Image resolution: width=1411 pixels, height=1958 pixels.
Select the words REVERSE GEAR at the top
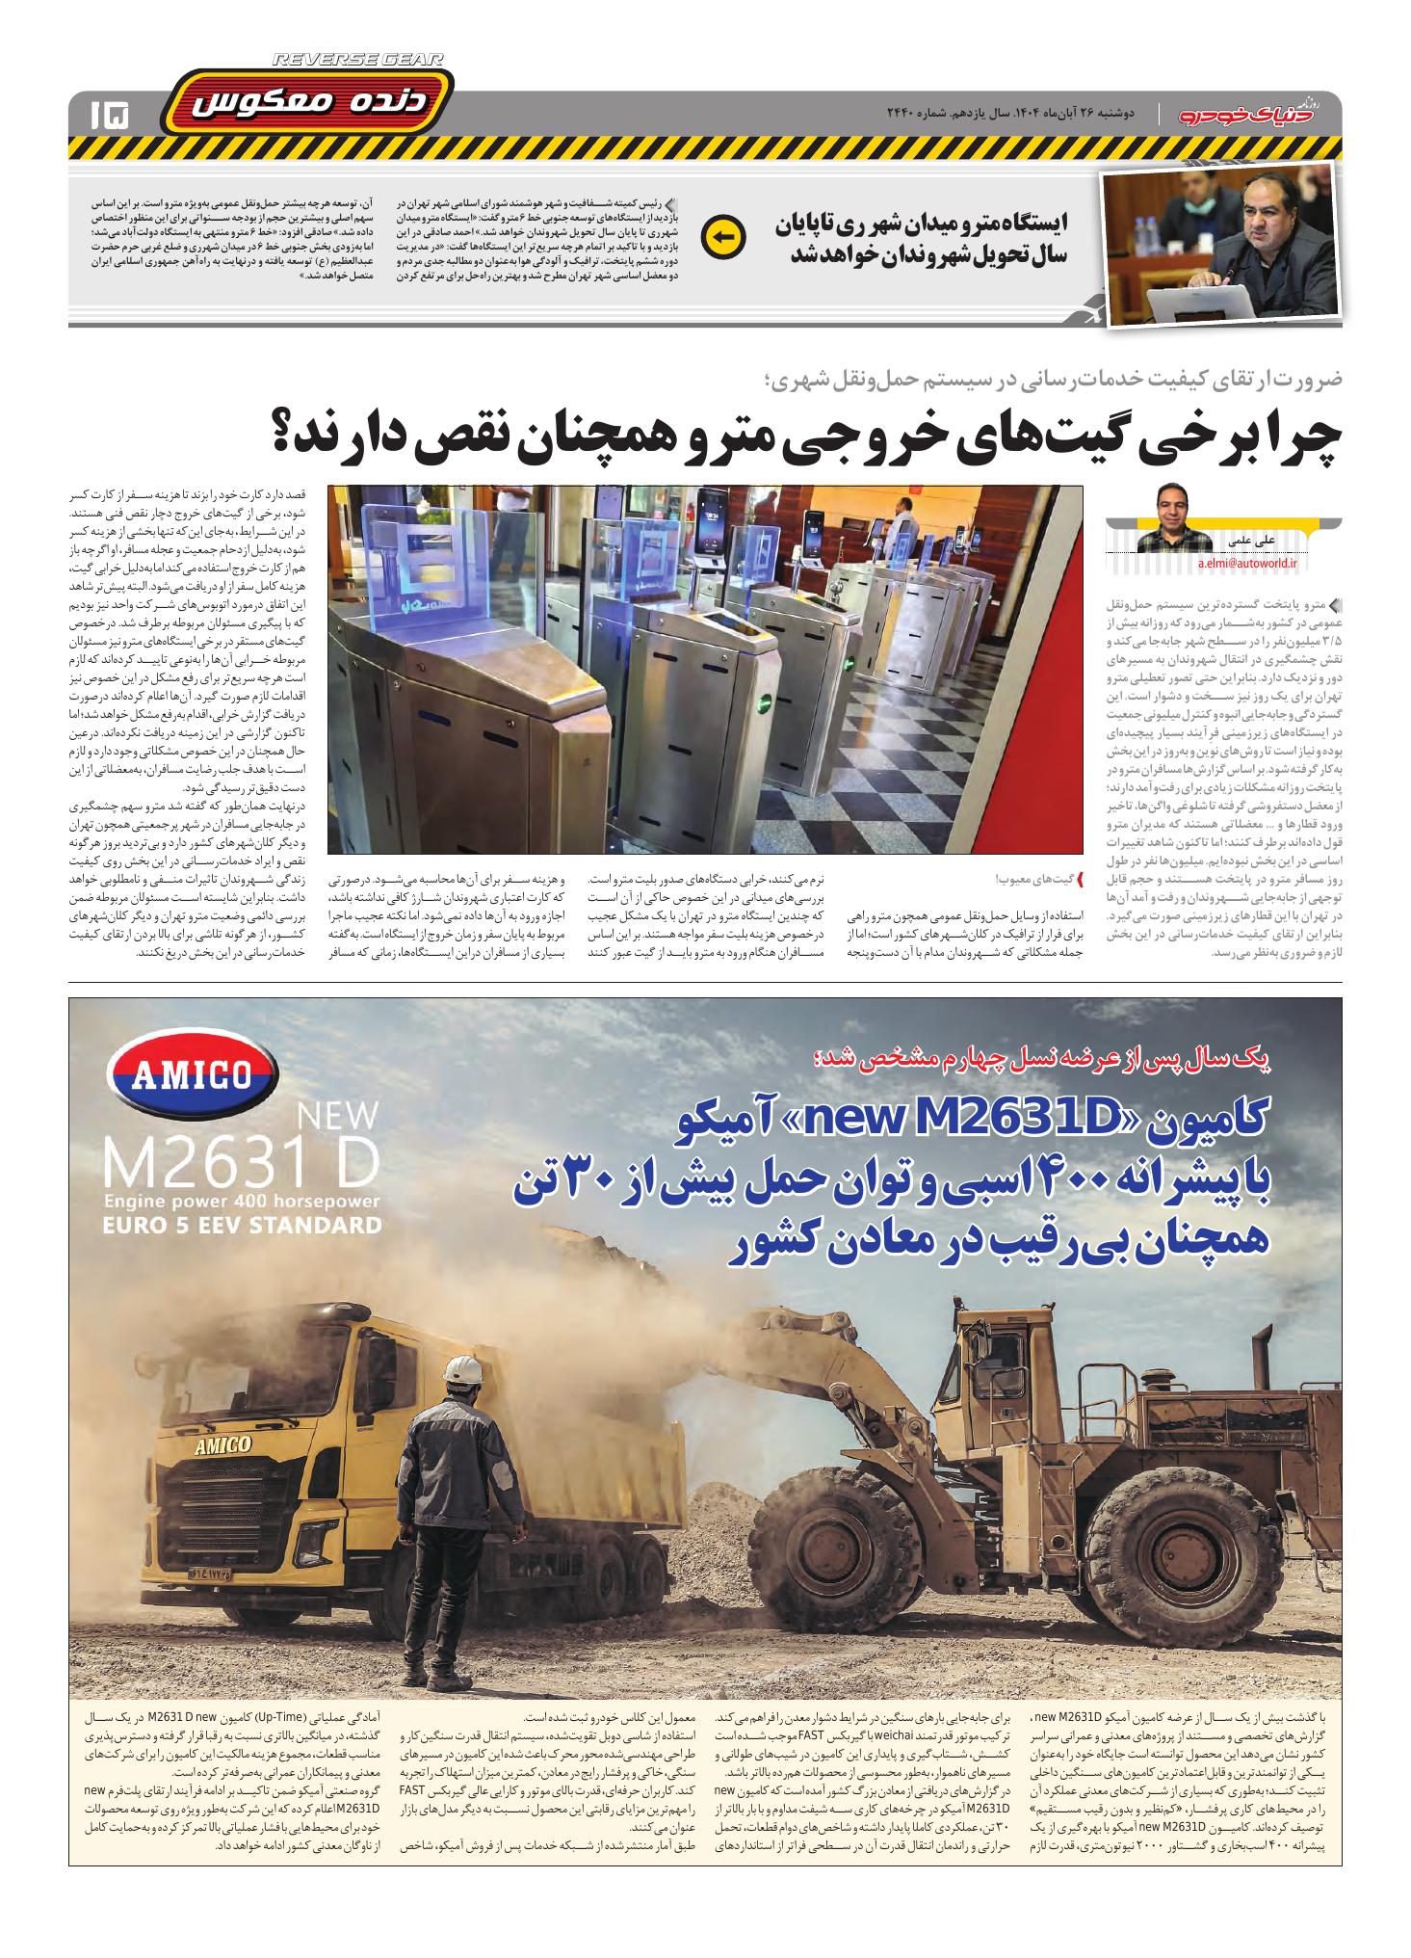pyautogui.click(x=358, y=60)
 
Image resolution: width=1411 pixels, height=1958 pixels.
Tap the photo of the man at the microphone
pyautogui.click(x=1218, y=247)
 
